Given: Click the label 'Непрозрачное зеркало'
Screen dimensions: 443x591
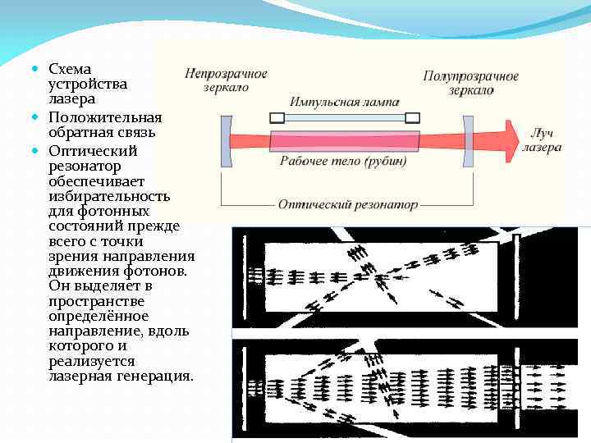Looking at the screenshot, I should click(226, 80).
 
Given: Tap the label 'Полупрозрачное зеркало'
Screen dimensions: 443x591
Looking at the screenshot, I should click(470, 82).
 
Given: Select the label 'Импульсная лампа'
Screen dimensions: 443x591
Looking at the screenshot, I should click(344, 103).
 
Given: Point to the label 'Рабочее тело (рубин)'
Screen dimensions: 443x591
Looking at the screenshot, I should click(342, 161).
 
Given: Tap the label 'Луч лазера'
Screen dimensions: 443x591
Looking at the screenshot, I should click(543, 140).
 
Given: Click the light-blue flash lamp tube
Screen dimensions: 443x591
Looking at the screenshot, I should click(344, 117).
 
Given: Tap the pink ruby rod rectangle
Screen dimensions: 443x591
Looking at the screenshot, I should click(344, 140).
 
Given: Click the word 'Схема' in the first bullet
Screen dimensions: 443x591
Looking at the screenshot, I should click(70, 69).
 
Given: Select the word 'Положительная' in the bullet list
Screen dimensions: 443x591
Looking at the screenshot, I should click(105, 117).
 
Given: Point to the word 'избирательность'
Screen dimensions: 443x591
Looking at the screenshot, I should click(109, 196).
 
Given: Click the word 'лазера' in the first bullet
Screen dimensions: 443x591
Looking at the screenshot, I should click(71, 98).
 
